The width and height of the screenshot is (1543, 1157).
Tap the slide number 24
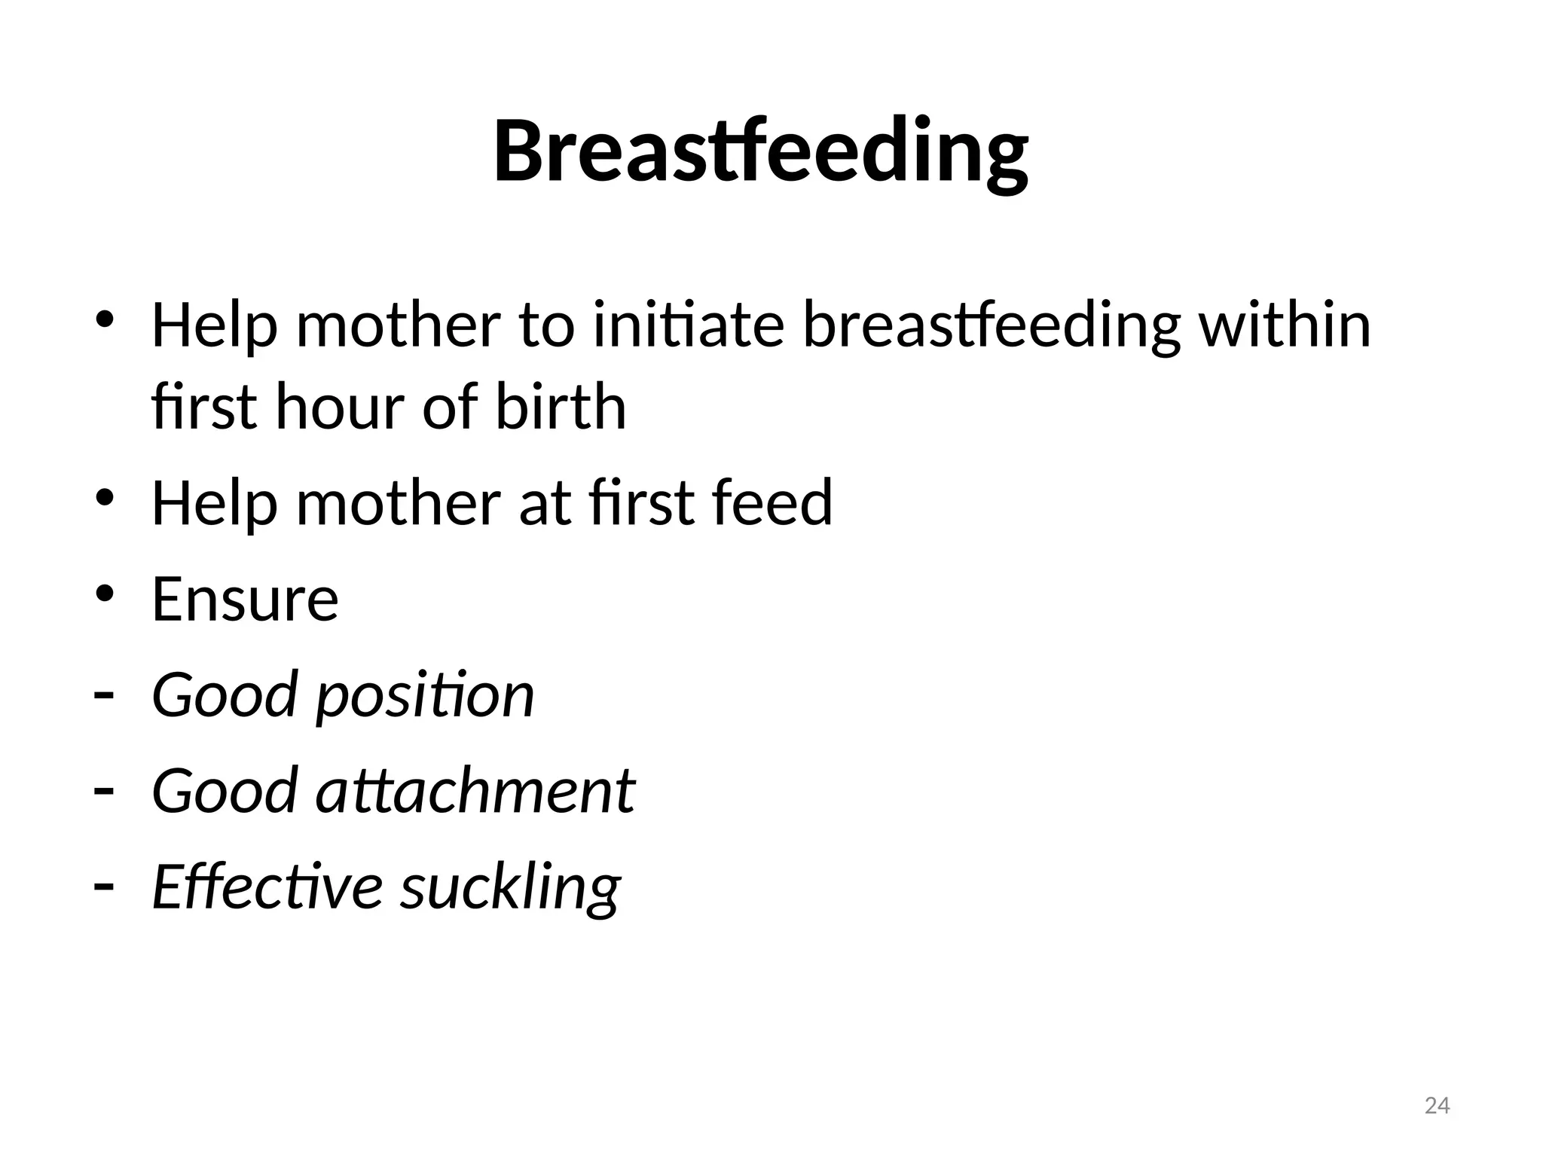[1437, 1106]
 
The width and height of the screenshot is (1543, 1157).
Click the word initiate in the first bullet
[689, 326]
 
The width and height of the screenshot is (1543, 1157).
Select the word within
[1284, 326]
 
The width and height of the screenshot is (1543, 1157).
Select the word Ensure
[245, 600]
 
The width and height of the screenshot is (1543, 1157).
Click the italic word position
[425, 696]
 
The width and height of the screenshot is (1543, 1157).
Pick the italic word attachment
[475, 792]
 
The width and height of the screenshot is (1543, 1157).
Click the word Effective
[267, 887]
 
